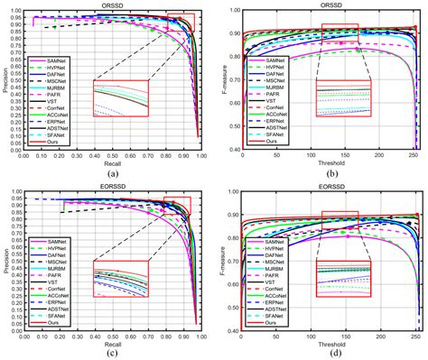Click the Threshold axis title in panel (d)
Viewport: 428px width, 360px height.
(327, 341)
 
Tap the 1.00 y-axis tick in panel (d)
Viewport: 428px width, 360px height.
(233, 190)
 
